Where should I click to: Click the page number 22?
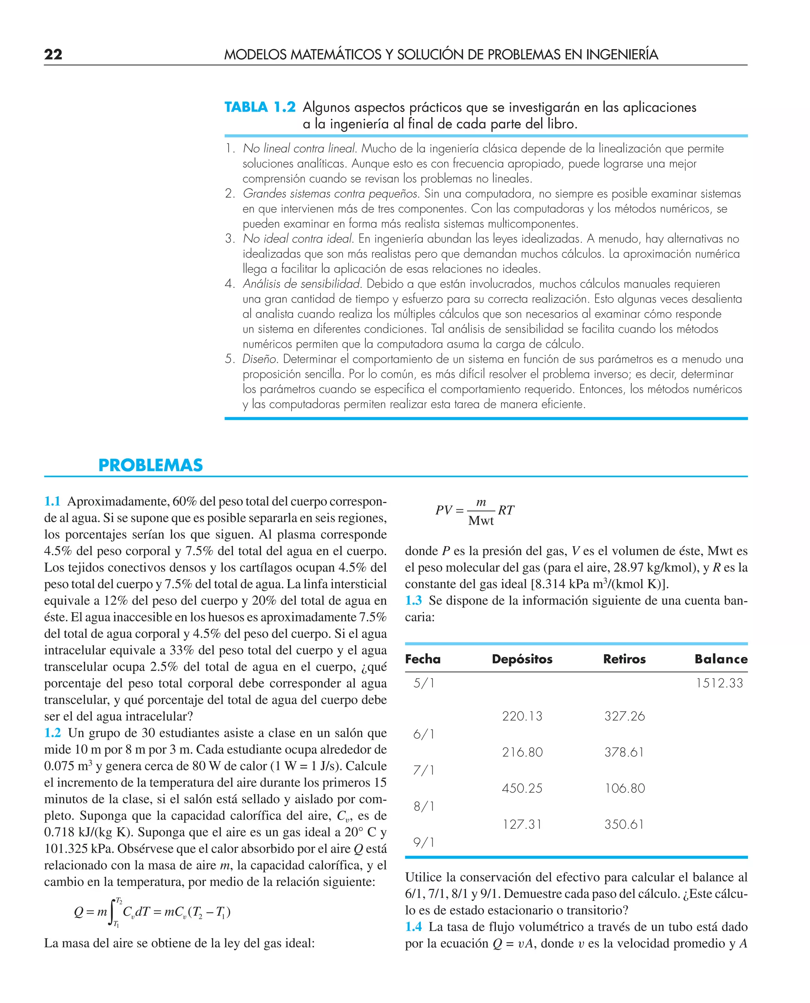tap(53, 54)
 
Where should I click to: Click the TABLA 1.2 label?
tap(260, 107)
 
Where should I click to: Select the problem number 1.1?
tap(52, 501)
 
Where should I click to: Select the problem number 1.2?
tap(52, 732)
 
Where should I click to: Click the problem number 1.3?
tap(413, 600)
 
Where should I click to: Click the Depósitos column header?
tap(522, 659)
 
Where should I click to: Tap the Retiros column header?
tap(624, 659)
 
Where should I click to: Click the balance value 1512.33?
tap(719, 683)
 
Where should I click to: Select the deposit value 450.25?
tap(522, 788)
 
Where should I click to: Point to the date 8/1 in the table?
tap(424, 806)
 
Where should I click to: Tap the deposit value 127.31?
tap(522, 824)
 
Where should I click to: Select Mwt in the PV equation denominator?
tap(481, 521)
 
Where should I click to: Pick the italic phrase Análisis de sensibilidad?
tap(302, 284)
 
